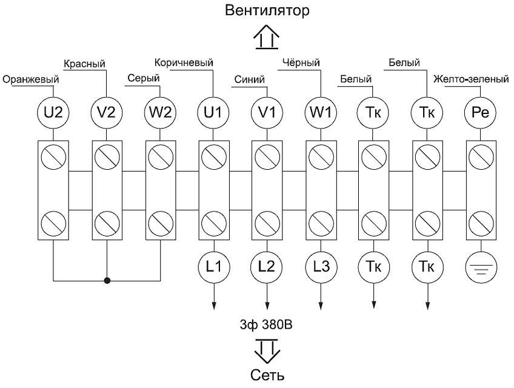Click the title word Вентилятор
(x=267, y=10)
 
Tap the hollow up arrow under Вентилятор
(x=267, y=38)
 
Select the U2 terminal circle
(x=53, y=112)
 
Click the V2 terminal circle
(x=107, y=112)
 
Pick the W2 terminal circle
(x=160, y=112)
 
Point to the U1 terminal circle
(x=213, y=112)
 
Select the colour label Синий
(x=249, y=79)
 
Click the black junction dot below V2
(x=107, y=281)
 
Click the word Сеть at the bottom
(x=267, y=374)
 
